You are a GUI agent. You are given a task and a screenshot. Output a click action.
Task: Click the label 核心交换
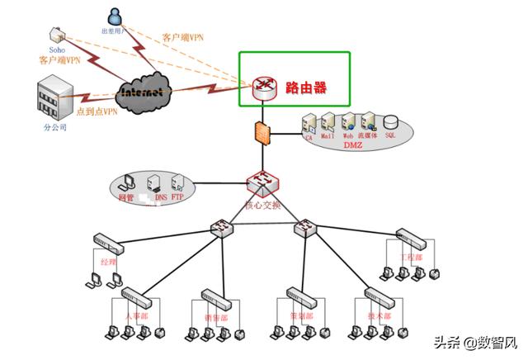click(x=263, y=205)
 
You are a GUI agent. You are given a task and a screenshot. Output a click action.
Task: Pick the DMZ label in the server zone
click(x=353, y=144)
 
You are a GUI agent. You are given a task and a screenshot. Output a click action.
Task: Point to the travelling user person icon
click(x=115, y=16)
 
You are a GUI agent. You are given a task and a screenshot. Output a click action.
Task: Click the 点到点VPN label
click(x=97, y=112)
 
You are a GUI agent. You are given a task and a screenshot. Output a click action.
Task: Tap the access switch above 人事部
click(x=135, y=296)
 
